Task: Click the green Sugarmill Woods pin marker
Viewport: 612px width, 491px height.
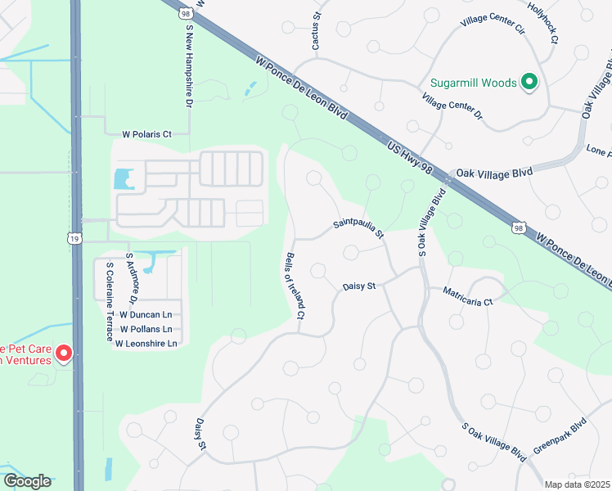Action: [x=529, y=82]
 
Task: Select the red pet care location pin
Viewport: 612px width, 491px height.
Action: [x=63, y=354]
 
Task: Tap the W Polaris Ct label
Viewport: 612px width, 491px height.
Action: [x=146, y=133]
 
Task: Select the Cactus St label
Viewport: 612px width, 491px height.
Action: [x=316, y=30]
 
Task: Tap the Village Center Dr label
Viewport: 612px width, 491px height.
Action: [x=452, y=111]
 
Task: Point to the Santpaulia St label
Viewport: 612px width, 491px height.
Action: [x=358, y=227]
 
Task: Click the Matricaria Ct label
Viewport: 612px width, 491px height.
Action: [x=468, y=296]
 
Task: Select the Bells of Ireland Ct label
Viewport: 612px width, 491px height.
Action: [x=295, y=283]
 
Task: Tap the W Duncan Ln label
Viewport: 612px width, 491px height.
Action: [x=146, y=314]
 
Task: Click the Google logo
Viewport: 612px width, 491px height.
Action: [x=27, y=481]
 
